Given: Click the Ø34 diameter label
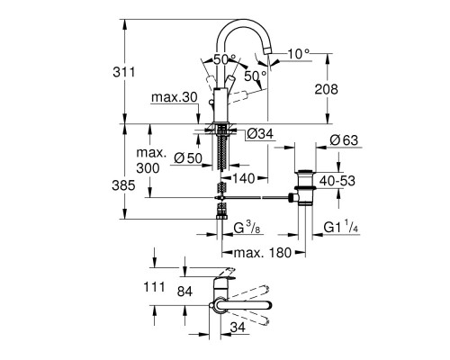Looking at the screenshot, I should coord(257,135).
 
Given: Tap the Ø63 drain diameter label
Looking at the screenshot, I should coord(345,140).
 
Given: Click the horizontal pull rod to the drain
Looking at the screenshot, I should coord(261,194).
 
